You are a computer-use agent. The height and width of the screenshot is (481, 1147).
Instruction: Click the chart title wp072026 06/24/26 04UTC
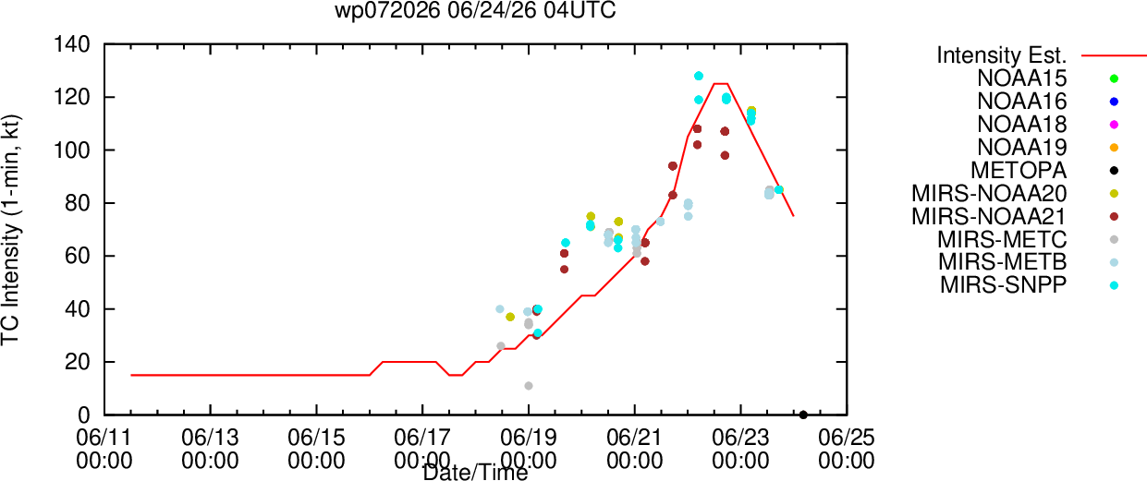click(x=475, y=10)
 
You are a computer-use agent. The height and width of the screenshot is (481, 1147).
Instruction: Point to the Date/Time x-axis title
click(x=475, y=473)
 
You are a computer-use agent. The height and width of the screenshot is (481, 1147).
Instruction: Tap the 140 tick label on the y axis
click(x=72, y=44)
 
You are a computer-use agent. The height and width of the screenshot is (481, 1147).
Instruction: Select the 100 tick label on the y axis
click(x=72, y=150)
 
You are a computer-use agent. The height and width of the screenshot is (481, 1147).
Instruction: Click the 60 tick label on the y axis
click(x=78, y=256)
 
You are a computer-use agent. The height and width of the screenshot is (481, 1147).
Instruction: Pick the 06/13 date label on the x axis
click(x=211, y=439)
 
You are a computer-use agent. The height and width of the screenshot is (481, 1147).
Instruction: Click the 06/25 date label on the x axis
click(x=847, y=439)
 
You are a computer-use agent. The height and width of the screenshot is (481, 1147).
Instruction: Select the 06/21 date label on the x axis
click(x=634, y=439)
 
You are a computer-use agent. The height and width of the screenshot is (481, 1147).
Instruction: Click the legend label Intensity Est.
click(x=1002, y=55)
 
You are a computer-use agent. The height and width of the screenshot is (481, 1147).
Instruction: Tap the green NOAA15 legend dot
click(x=1114, y=78)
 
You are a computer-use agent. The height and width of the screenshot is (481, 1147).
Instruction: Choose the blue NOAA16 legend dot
click(x=1114, y=102)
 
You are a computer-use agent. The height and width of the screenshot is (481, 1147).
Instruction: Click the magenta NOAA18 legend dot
click(x=1114, y=125)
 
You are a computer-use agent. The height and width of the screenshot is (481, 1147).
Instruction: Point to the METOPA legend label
click(x=1019, y=170)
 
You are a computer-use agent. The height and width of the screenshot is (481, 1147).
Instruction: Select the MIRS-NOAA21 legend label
click(x=989, y=216)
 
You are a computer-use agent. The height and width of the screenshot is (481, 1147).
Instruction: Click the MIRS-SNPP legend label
click(x=1004, y=285)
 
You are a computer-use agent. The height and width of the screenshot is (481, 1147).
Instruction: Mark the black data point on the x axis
click(x=803, y=415)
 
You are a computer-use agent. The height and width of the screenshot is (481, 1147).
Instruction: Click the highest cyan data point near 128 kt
click(x=699, y=76)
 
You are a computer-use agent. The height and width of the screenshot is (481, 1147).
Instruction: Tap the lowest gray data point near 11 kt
click(x=529, y=386)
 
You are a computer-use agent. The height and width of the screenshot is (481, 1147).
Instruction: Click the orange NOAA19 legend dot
click(x=1114, y=148)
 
